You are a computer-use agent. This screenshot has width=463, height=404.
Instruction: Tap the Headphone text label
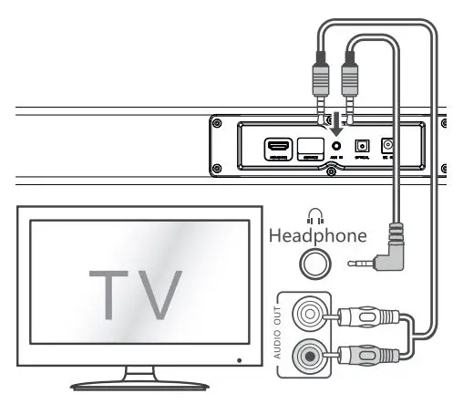pyautogui.click(x=318, y=235)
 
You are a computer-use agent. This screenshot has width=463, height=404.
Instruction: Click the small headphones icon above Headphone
pyautogui.click(x=315, y=216)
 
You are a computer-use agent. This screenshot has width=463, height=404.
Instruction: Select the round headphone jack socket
pyautogui.click(x=314, y=264)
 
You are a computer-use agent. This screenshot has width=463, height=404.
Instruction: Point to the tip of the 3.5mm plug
pyautogui.click(x=353, y=263)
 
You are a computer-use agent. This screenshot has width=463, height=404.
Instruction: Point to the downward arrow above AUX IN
pyautogui.click(x=336, y=123)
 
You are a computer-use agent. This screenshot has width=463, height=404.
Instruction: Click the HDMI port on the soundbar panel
pyautogui.click(x=276, y=147)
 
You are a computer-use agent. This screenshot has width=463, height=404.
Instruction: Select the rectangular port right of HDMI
pyautogui.click(x=309, y=146)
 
